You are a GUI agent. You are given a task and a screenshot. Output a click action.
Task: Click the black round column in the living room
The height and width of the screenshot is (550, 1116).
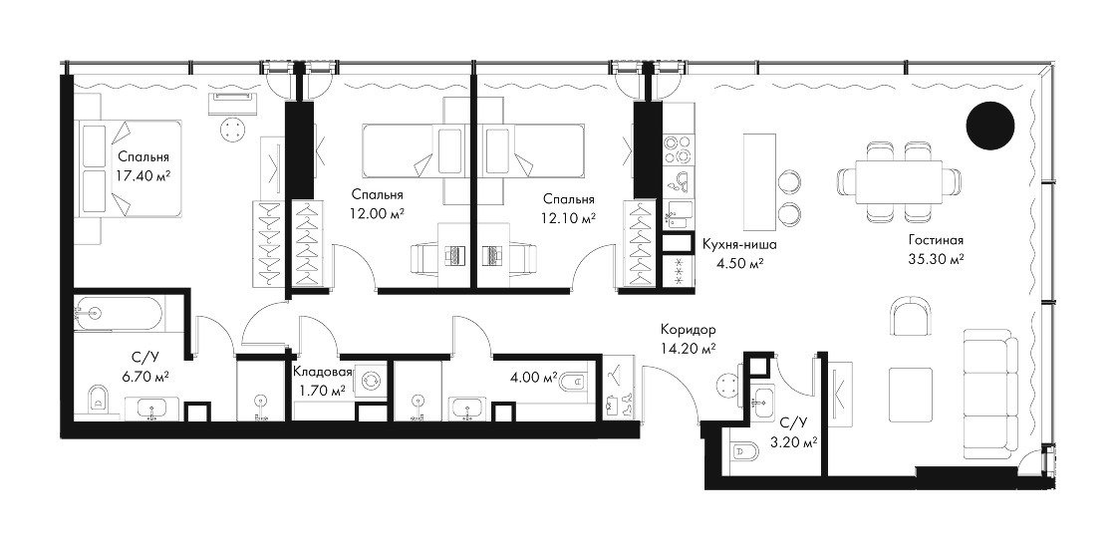pos(990,126)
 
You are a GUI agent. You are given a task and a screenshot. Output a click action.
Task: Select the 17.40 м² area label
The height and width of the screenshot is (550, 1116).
pos(143,175)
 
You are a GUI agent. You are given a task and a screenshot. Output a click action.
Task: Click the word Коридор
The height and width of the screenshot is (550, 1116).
pos(688,330)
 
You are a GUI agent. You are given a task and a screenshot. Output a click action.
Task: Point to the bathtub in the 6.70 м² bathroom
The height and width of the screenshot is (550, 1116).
pos(119,314)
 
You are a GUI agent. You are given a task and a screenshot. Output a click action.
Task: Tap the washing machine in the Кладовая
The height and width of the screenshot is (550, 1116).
pos(371,381)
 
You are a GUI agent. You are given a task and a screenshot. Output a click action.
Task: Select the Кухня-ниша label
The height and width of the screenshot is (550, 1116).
pos(738,245)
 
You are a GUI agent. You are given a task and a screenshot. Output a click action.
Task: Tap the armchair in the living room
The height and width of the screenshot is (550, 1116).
pos(911,315)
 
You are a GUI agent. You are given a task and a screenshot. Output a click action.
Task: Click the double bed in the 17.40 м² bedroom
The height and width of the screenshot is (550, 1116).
pos(129,170)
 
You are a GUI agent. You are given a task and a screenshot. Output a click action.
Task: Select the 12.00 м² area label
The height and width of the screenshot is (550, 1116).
pos(378,213)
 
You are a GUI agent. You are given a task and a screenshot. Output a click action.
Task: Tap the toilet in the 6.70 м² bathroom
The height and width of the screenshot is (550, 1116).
pos(99,399)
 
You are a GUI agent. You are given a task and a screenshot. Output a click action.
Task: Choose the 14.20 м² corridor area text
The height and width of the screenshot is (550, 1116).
pos(688,348)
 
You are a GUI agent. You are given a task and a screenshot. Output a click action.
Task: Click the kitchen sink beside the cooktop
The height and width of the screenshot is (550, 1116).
pos(678,181)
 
